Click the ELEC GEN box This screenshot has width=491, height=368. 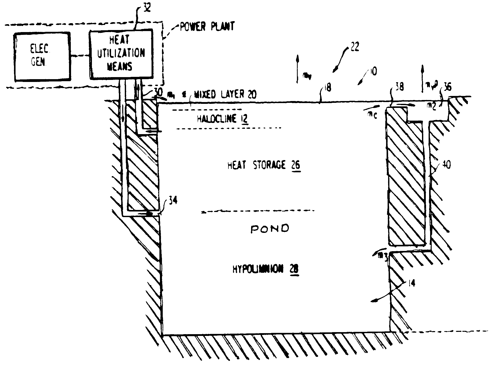(42, 56)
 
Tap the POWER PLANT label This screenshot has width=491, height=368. (207, 27)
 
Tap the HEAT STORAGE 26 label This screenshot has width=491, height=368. (264, 165)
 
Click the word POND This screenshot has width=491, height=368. (270, 229)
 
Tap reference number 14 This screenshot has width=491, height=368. (411, 283)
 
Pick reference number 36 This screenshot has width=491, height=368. (447, 87)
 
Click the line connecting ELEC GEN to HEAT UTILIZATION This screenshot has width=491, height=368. (80, 56)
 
